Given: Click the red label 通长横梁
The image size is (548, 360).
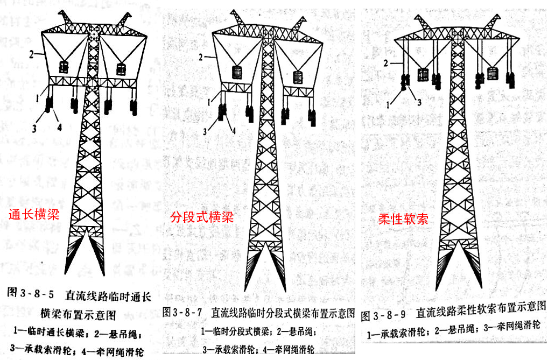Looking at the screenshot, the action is pos(34,215).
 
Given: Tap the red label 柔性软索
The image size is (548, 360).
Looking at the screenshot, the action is pos(403,219).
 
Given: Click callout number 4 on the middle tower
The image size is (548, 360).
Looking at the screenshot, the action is pos(234,129).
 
